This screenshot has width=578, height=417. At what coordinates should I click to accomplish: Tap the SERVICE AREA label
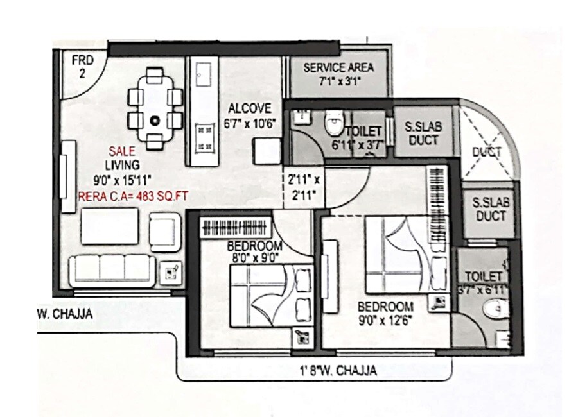pos(338,73)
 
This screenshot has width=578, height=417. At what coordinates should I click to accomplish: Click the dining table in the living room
pos(155,109)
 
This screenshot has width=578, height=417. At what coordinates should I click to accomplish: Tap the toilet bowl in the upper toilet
pos(335,123)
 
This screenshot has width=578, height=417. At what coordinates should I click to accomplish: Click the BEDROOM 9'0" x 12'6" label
pos(385,312)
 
